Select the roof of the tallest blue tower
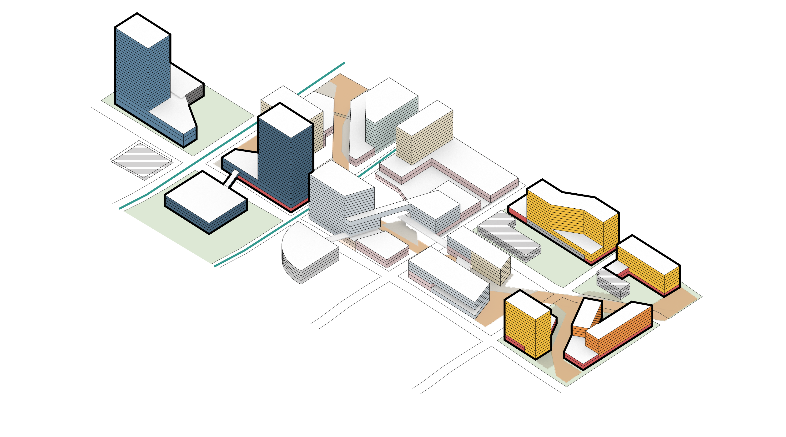click(142, 30)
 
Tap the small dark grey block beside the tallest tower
click(194, 94)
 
